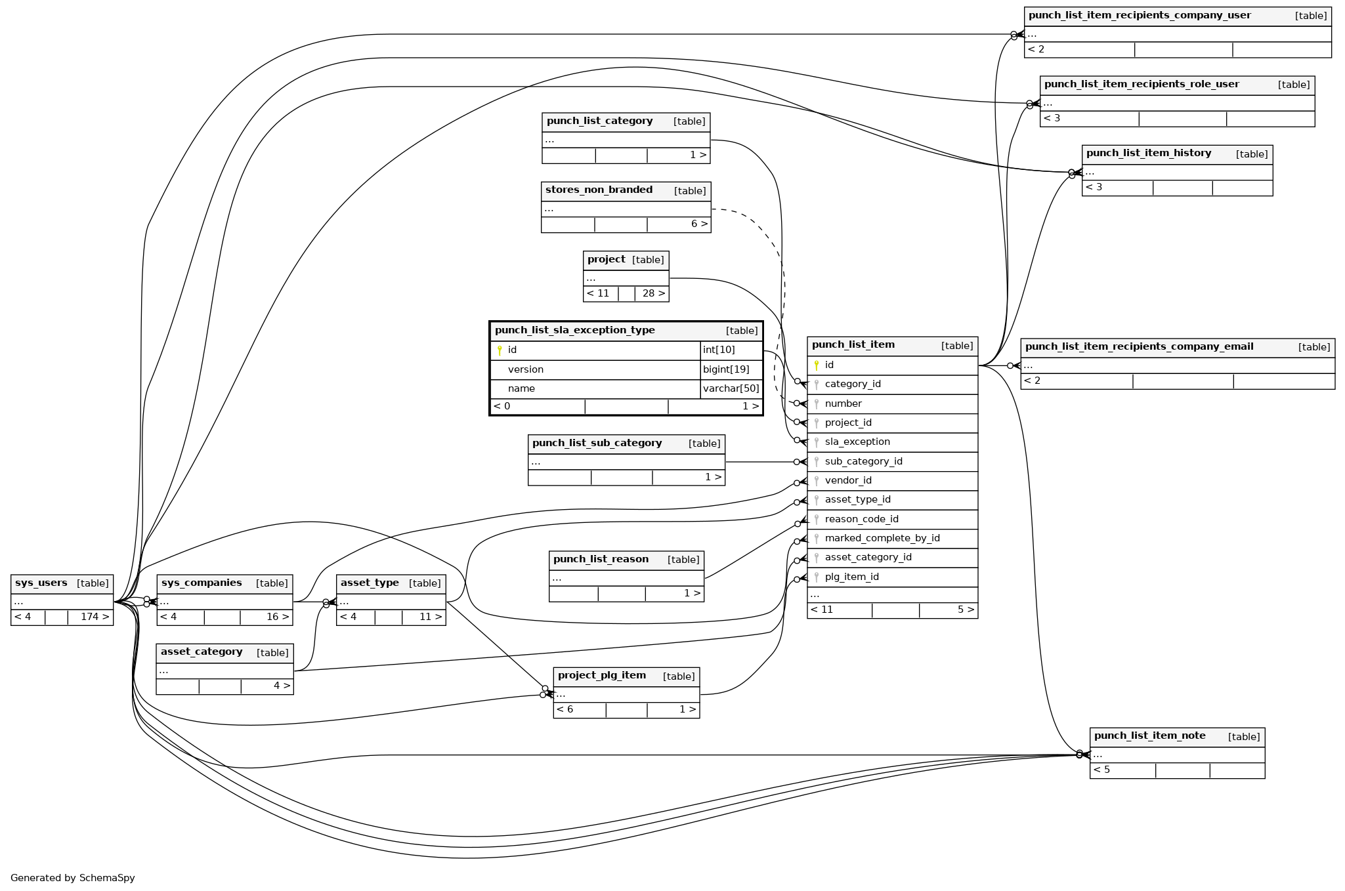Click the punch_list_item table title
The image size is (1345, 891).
pyautogui.click(x=853, y=345)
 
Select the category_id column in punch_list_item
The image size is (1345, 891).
pyautogui.click(x=852, y=384)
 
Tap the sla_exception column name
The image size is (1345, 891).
pyautogui.click(x=857, y=442)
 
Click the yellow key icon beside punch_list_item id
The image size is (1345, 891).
pyautogui.click(x=816, y=365)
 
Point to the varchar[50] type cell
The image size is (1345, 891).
pyautogui.click(x=731, y=389)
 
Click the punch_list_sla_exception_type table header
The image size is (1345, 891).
pyautogui.click(x=574, y=331)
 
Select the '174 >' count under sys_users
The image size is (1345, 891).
pyautogui.click(x=95, y=617)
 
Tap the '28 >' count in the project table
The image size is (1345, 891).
pyautogui.click(x=653, y=294)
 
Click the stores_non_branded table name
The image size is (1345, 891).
pyautogui.click(x=599, y=190)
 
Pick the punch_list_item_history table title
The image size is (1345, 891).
pyautogui.click(x=1148, y=154)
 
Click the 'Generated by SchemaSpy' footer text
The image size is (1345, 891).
pyautogui.click(x=72, y=878)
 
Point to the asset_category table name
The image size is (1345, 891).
pyautogui.click(x=202, y=652)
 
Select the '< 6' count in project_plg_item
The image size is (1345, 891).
pyautogui.click(x=565, y=710)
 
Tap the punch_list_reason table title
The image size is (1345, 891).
pyautogui.click(x=601, y=560)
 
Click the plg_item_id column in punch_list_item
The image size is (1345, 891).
pyautogui.click(x=851, y=577)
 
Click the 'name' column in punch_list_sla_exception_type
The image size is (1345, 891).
pyautogui.click(x=521, y=389)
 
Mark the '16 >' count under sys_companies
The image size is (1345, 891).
pyautogui.click(x=277, y=617)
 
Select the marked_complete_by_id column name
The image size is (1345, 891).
pyautogui.click(x=882, y=539)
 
